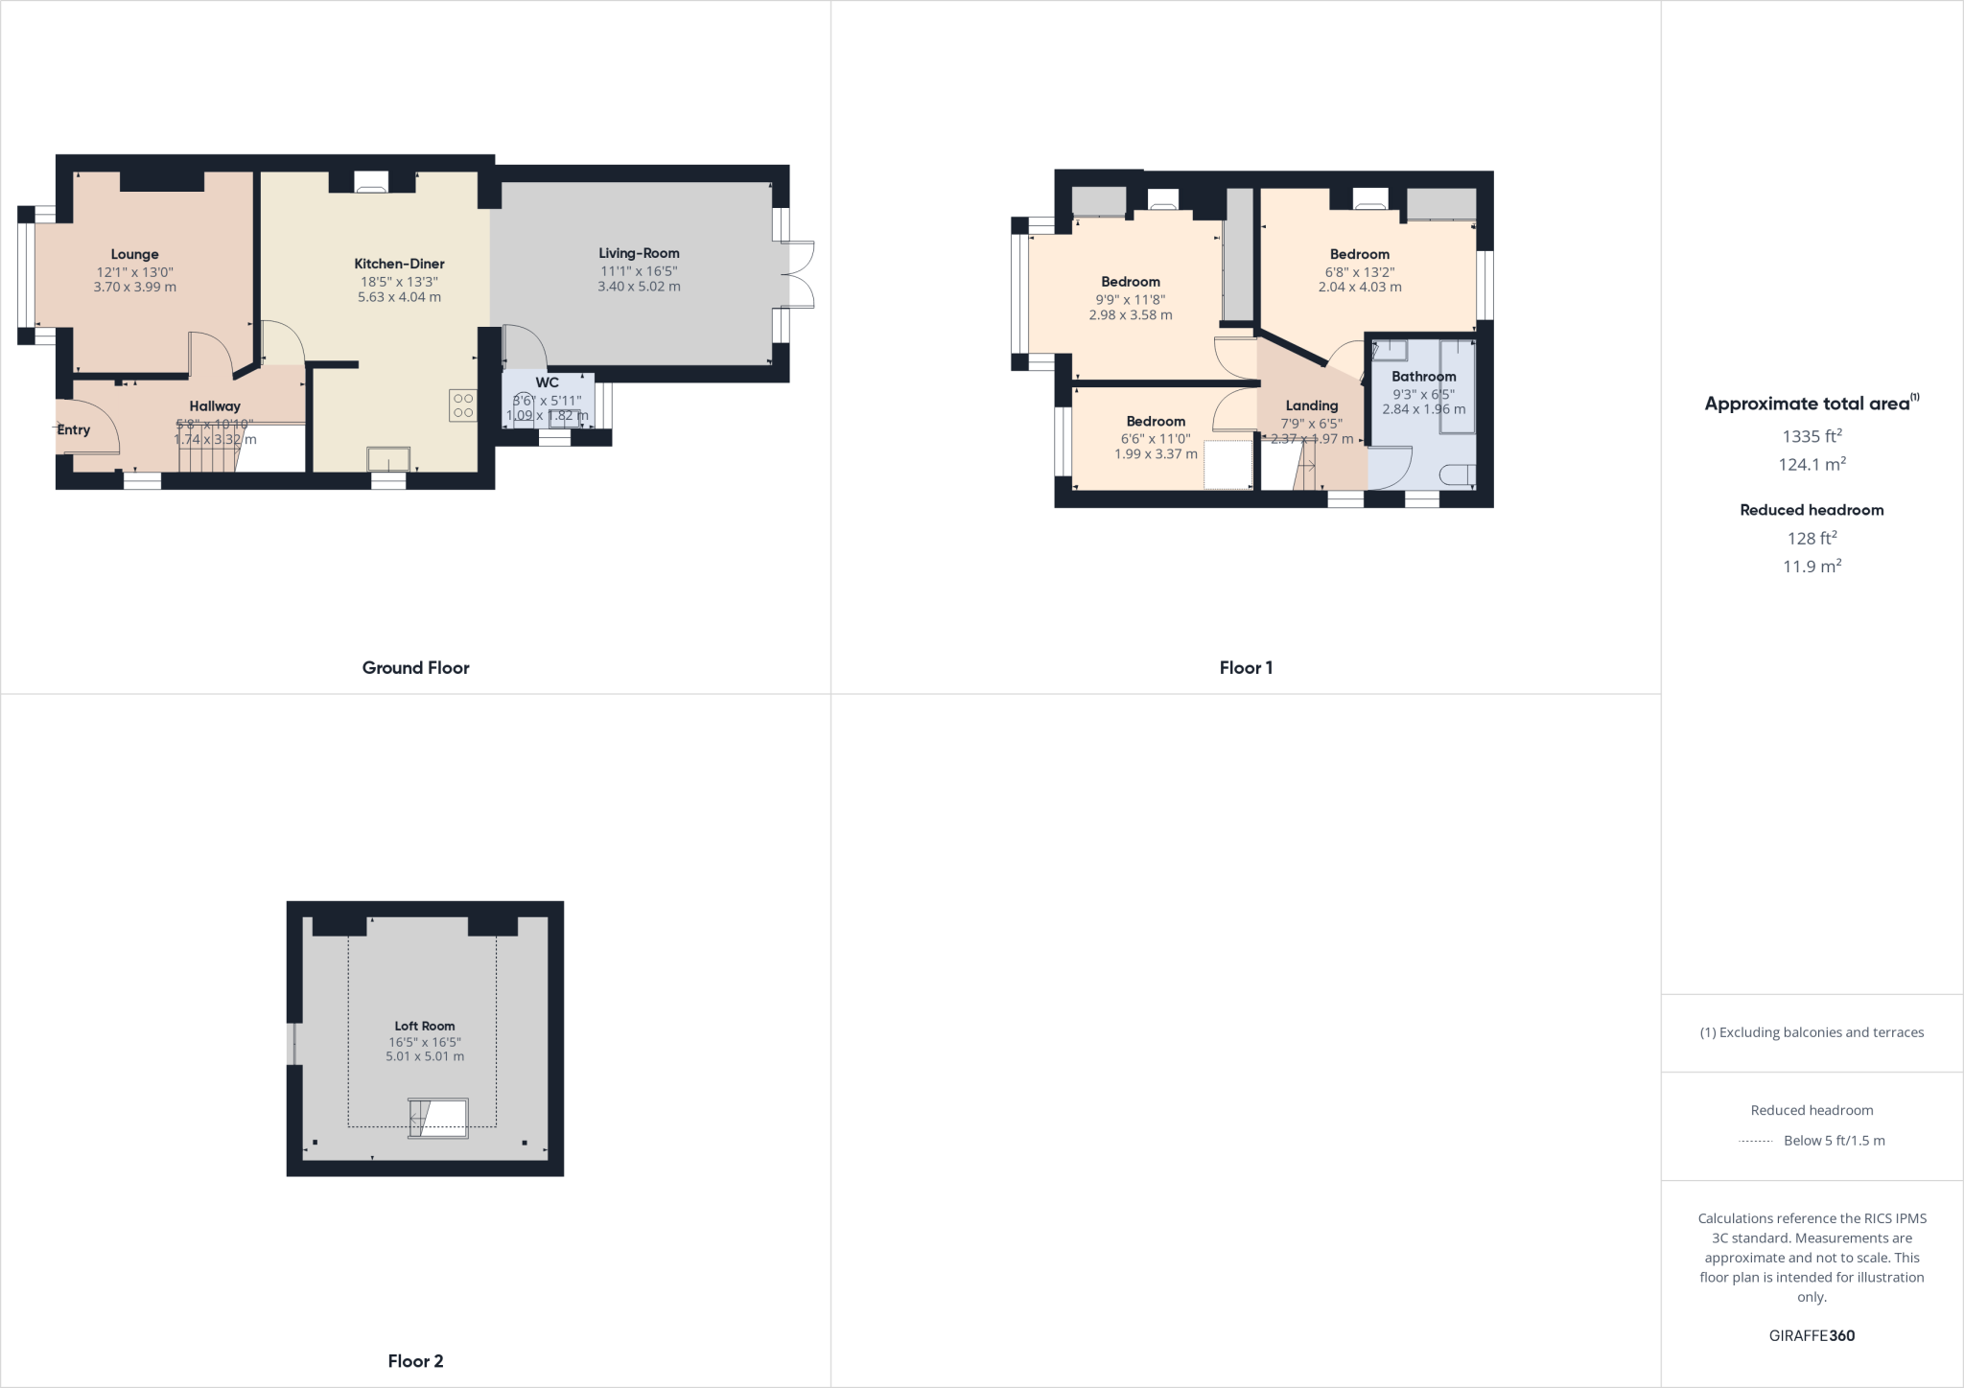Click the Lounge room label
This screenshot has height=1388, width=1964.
point(134,254)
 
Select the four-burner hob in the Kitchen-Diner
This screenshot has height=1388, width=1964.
point(463,405)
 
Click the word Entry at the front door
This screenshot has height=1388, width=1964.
point(73,429)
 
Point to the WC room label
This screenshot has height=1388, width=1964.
point(547,382)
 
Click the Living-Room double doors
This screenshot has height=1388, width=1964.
point(802,274)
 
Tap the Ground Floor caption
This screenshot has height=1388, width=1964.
point(415,668)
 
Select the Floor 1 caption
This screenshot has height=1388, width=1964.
point(1246,668)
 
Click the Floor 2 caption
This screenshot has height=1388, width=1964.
point(415,1361)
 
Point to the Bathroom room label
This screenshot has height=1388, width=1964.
point(1423,377)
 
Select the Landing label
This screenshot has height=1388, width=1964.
point(1311,405)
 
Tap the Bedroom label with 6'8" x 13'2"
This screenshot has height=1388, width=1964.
point(1359,254)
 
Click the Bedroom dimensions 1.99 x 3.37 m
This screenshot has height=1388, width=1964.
point(1156,454)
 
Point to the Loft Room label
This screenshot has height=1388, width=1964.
point(424,1026)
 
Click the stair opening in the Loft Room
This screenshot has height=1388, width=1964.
point(439,1118)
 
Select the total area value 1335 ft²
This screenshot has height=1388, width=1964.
point(1812,436)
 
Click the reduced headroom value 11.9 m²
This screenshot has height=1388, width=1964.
point(1812,567)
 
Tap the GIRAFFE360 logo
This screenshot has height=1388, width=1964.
point(1812,1335)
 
